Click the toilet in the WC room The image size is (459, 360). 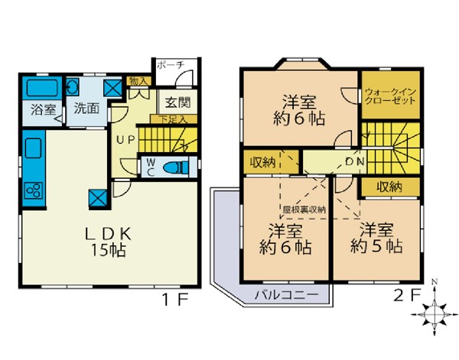click(177, 167)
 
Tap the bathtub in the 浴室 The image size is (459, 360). click(41, 88)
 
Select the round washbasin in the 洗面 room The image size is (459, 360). click(73, 86)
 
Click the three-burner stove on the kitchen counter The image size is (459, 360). click(34, 190)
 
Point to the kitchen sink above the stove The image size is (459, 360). click(34, 148)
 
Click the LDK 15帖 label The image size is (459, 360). click(108, 242)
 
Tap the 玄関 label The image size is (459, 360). click(177, 102)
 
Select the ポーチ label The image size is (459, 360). click(170, 65)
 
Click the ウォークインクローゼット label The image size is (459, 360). click(390, 96)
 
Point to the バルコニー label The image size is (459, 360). click(286, 294)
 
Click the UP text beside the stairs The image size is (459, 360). click(126, 140)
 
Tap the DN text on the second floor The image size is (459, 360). click(355, 161)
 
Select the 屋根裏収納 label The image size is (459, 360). click(304, 209)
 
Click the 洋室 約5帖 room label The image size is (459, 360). click(376, 238)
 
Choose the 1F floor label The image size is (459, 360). click(174, 300)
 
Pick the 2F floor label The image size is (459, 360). click(407, 295)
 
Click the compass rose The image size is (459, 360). click(435, 314)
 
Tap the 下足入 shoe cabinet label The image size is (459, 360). click(173, 119)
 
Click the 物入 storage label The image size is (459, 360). click(138, 81)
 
